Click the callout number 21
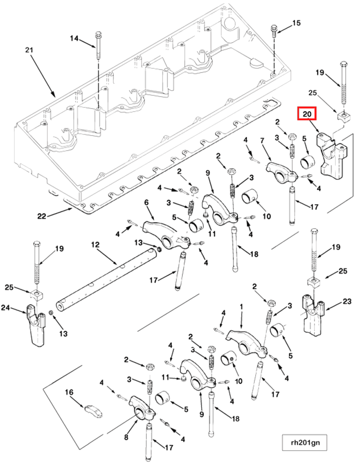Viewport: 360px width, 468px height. (29, 50)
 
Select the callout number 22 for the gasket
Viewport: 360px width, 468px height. (42, 216)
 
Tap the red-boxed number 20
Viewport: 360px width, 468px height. (307, 114)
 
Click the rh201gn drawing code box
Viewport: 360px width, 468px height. (305, 442)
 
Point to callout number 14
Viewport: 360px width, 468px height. (74, 38)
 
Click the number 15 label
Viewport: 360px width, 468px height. (296, 23)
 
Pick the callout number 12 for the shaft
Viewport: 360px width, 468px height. (95, 245)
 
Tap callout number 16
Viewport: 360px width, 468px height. (69, 392)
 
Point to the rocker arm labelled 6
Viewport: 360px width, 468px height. (165, 236)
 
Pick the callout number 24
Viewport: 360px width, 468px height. (6, 307)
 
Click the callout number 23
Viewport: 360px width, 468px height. (347, 301)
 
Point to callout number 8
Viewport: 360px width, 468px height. (126, 437)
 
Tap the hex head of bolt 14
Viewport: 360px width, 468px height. (99, 33)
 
